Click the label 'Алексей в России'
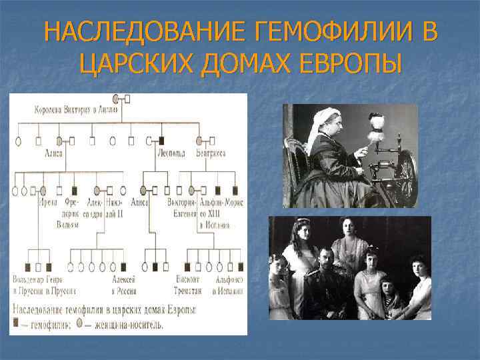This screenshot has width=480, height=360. click(x=123, y=285)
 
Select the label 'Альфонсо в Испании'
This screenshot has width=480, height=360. click(x=229, y=285)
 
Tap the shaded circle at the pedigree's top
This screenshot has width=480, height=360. click(x=117, y=99)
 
